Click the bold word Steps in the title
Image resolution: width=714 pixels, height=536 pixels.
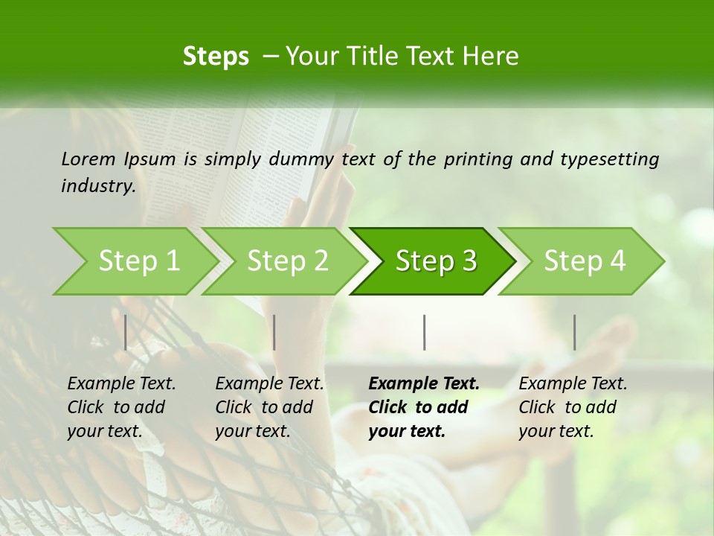[216, 56]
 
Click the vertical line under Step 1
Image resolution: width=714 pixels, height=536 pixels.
[126, 332]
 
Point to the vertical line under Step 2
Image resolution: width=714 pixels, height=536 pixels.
[274, 332]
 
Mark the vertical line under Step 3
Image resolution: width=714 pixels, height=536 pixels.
[424, 332]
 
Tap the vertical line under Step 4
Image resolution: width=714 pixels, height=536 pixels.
[574, 332]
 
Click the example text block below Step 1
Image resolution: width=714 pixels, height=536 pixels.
[121, 407]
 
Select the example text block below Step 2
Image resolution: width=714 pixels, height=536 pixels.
[269, 407]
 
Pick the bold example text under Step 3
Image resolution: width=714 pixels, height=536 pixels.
[424, 407]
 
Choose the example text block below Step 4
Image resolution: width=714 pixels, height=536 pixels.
[573, 407]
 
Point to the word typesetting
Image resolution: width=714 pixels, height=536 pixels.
[609, 159]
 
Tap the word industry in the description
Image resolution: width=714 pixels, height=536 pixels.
[98, 186]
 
